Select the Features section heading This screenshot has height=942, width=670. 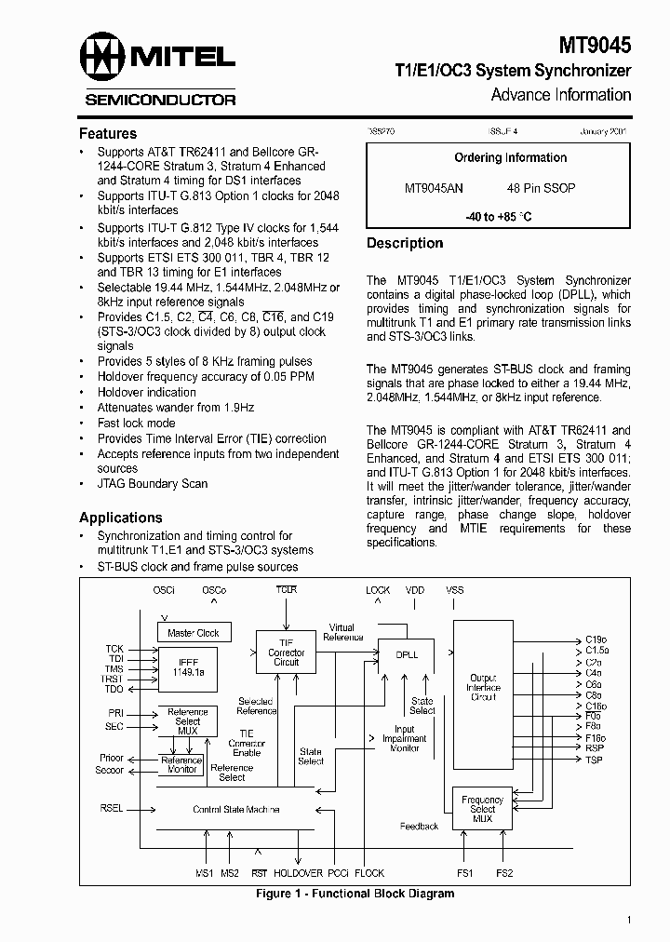[108, 133]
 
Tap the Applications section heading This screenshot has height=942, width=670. [120, 518]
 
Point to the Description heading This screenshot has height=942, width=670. [405, 243]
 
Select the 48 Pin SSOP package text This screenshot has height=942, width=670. [541, 188]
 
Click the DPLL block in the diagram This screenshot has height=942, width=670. [407, 654]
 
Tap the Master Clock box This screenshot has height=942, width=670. [194, 633]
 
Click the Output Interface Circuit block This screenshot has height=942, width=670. [483, 689]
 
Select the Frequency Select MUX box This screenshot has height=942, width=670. [482, 809]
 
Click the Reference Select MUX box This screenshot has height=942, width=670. [187, 721]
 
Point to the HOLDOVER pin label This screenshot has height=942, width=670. [299, 874]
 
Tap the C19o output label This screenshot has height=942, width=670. [595, 639]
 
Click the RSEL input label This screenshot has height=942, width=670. [111, 809]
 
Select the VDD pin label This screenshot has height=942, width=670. [415, 590]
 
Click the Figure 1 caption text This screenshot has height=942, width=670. [355, 894]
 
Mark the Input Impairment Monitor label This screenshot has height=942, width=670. [404, 738]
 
